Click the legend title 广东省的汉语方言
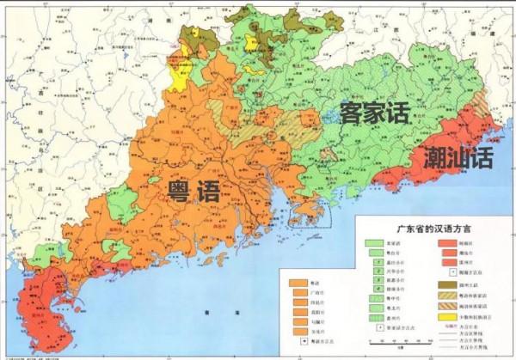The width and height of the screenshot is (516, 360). tap(427, 229)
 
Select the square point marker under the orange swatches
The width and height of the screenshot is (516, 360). tap(295, 341)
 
